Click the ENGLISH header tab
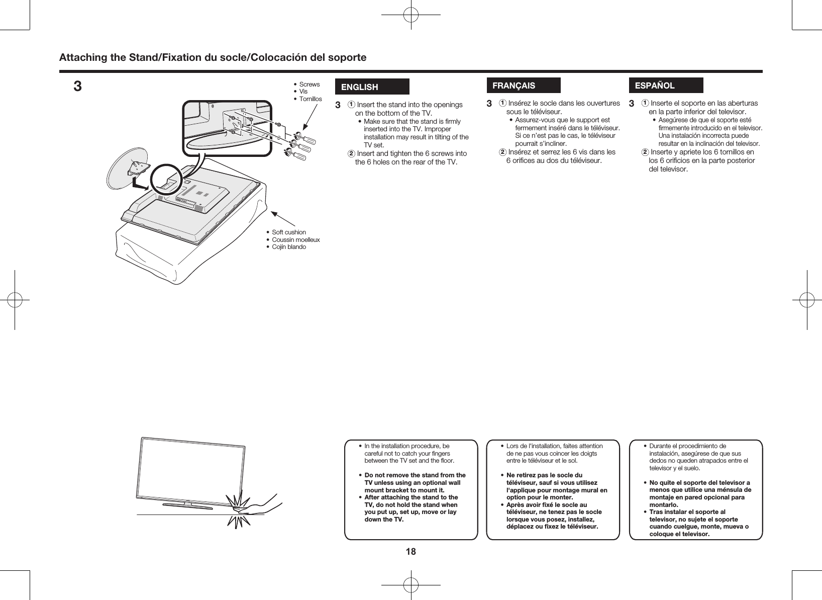point(372,87)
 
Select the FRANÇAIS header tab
point(523,85)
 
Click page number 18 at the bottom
point(410,552)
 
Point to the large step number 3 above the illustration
point(77,87)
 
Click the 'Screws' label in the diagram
point(309,84)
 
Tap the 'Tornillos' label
point(310,99)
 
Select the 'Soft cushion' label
point(288,232)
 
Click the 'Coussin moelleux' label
point(295,239)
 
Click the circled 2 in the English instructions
point(352,153)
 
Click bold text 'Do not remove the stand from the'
point(415,475)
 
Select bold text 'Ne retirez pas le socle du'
point(544,475)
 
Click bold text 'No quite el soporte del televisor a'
point(699,483)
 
